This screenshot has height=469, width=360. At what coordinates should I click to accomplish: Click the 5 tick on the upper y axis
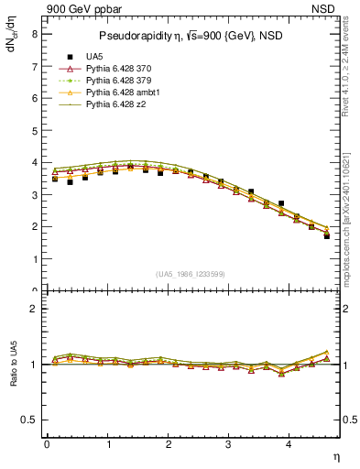[x=34, y=130]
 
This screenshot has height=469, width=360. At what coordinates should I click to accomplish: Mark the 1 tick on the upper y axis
[x=34, y=259]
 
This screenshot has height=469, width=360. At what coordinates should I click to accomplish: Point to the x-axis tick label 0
[x=47, y=444]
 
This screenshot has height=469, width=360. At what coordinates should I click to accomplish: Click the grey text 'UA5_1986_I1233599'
[x=192, y=274]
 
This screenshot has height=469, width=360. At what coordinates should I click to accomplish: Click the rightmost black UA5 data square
[x=327, y=236]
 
